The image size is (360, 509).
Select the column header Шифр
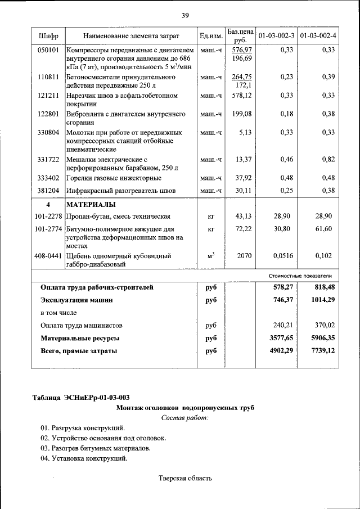click(48, 36)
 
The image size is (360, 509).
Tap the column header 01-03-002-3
click(276, 36)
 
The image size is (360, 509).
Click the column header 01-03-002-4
click(317, 36)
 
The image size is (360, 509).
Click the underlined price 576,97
click(242, 50)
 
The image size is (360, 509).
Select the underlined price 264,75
click(242, 76)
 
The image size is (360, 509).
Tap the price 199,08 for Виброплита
click(242, 114)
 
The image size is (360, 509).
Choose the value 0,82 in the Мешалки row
click(325, 160)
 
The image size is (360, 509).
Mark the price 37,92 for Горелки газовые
click(243, 178)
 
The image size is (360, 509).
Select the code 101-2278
click(48, 216)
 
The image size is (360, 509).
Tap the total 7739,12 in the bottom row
click(321, 351)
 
